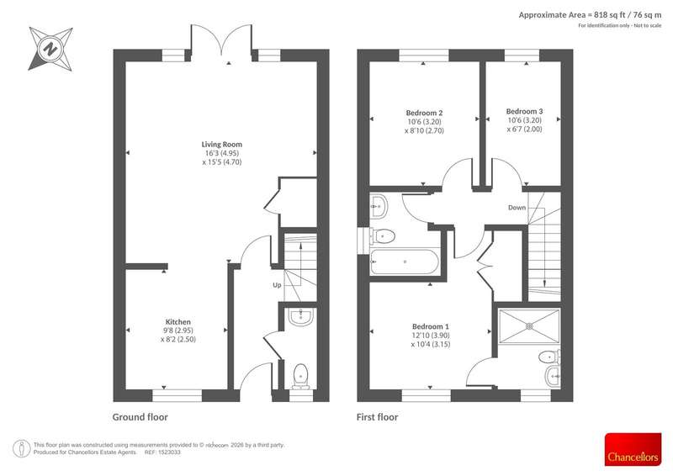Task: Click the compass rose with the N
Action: (x=50, y=49)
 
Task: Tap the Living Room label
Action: (x=222, y=145)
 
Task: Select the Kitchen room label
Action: (x=178, y=322)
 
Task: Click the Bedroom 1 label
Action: (x=431, y=326)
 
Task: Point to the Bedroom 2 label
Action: (x=424, y=113)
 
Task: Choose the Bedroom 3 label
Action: (x=524, y=111)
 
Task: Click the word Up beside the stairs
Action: (x=278, y=285)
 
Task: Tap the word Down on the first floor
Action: (x=517, y=208)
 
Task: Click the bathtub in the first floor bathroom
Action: (x=405, y=262)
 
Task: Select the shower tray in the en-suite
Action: (x=530, y=326)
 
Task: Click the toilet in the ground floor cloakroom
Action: (x=300, y=377)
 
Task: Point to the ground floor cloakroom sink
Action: (x=301, y=317)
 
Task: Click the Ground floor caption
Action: (x=140, y=417)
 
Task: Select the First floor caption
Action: (x=377, y=417)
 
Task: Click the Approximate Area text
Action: (x=590, y=15)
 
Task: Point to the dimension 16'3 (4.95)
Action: (x=222, y=153)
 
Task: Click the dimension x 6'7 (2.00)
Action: (x=524, y=130)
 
